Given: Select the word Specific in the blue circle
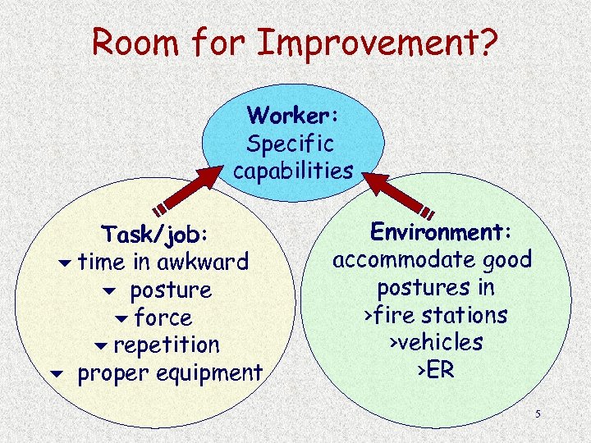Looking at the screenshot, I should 291,144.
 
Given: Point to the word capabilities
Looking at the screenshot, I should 293,171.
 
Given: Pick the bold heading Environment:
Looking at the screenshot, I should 442,232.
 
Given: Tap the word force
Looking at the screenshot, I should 163,317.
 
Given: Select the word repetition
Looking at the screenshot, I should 167,345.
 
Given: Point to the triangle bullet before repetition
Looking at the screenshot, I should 101,345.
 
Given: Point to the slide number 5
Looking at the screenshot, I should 538,414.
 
